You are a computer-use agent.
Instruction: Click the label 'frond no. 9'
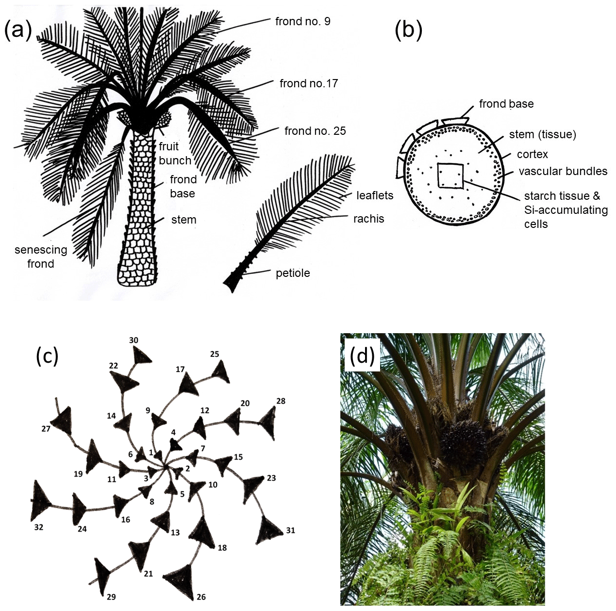pos(302,21)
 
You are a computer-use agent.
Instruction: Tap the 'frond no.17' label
pos(308,83)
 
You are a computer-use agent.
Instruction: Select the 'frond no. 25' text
pos(315,131)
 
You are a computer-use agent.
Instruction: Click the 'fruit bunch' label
pos(175,153)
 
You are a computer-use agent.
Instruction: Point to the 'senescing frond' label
pos(41,257)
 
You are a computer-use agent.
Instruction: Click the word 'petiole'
pos(293,273)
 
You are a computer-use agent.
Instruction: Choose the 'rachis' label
pos(368,219)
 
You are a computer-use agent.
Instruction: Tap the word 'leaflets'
pos(375,195)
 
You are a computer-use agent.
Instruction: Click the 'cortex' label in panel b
pos(532,154)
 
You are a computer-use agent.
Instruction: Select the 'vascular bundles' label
pos(563,171)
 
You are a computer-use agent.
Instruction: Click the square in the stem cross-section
pos(450,175)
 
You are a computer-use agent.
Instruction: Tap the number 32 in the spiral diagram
pos(39,527)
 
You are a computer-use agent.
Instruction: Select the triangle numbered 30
pos(141,358)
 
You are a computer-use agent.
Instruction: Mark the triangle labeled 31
pos(269,528)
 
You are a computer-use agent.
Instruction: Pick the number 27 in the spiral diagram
pos(46,429)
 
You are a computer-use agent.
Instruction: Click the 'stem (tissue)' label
pos(542,134)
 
